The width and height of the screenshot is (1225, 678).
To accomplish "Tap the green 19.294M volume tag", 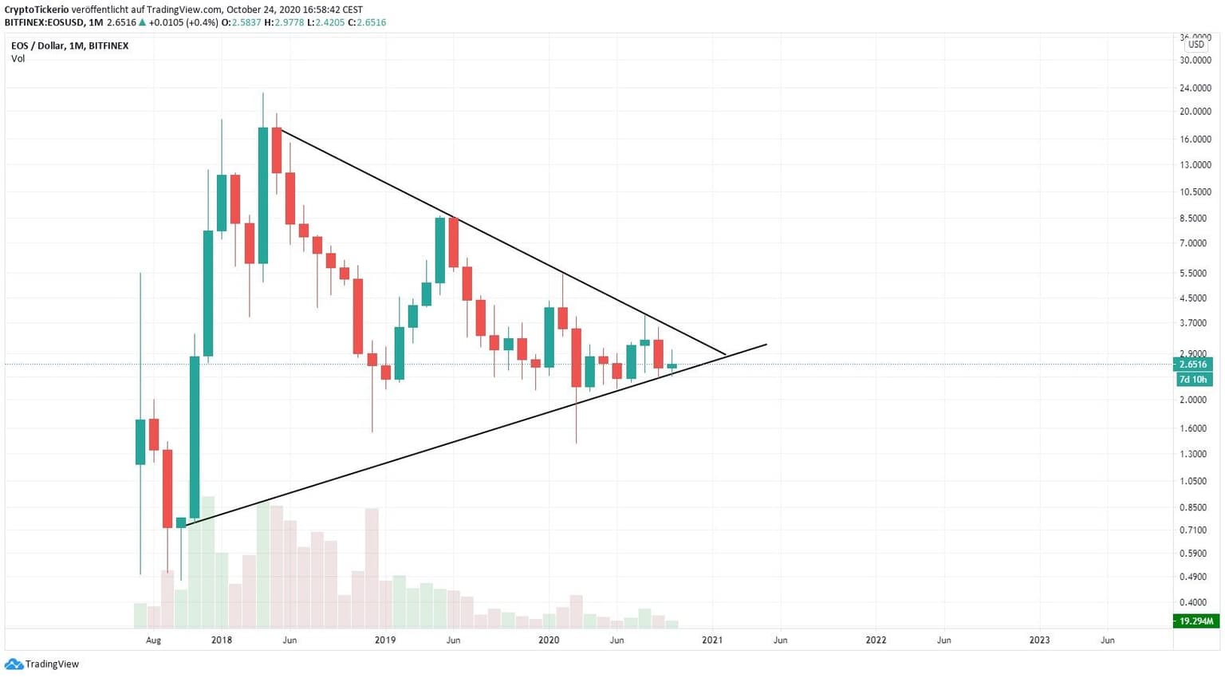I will tap(1195, 621).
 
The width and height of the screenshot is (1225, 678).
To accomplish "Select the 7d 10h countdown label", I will tap(1193, 380).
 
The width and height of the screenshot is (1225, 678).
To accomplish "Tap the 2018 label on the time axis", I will tap(222, 640).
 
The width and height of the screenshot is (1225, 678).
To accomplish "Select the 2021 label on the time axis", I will tap(712, 640).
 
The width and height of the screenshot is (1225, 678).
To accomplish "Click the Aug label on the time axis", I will tap(154, 640).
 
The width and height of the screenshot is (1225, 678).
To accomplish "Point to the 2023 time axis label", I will tap(1039, 640).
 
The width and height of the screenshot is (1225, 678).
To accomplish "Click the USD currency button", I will tap(1196, 45).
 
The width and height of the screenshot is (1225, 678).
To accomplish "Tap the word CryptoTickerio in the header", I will tap(36, 10).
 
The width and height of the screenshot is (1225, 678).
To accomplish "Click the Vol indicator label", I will tap(18, 59).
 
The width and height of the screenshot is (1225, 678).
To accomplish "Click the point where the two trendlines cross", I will tap(727, 354).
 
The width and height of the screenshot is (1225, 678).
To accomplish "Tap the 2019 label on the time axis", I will tap(385, 640).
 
